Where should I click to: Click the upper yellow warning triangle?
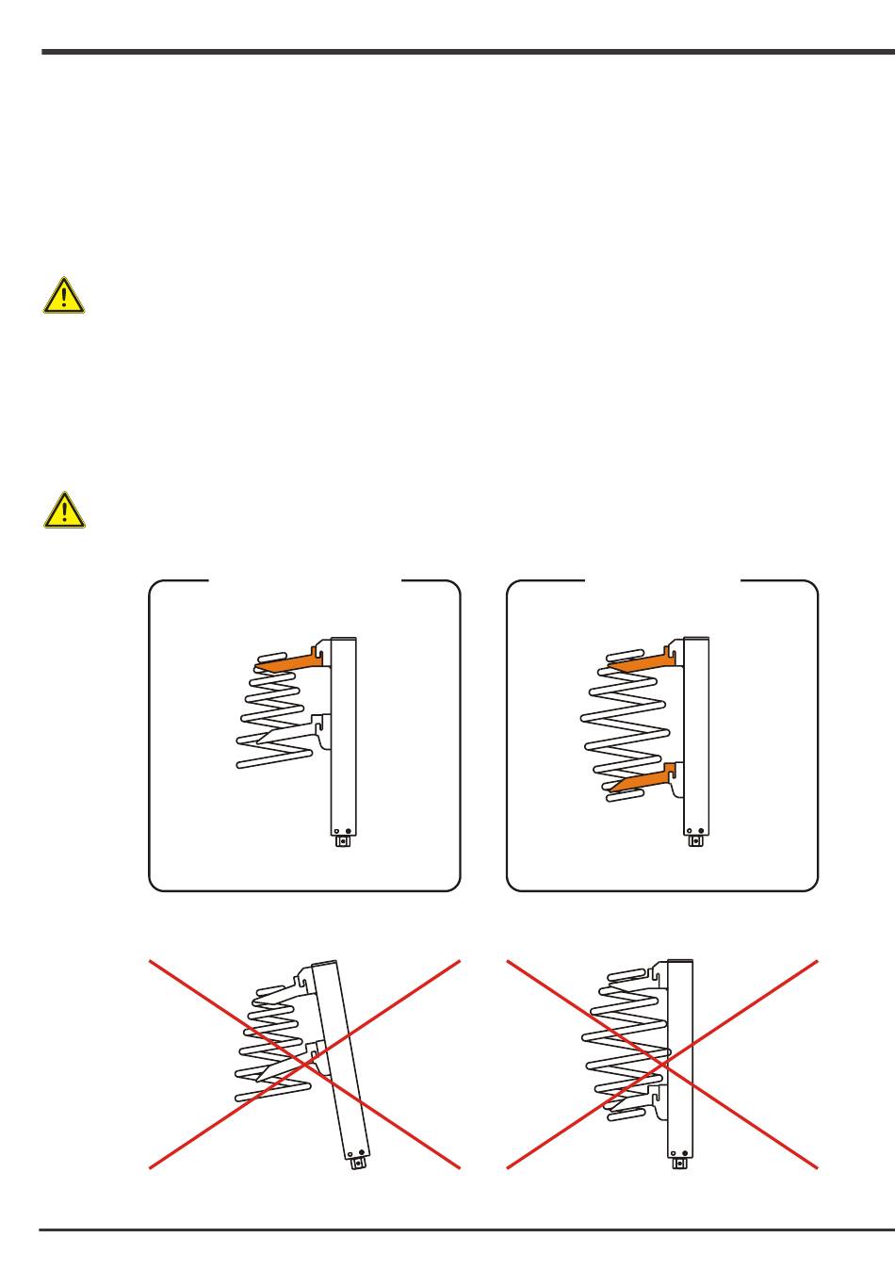click(x=63, y=296)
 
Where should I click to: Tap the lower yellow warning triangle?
click(x=63, y=510)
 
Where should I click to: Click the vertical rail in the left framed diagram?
click(x=344, y=735)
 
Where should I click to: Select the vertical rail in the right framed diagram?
click(x=695, y=735)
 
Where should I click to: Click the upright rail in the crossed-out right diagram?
click(x=680, y=1055)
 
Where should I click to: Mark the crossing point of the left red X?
click(x=305, y=1065)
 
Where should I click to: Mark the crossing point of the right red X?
click(x=662, y=1065)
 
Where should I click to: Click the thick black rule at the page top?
click(x=467, y=52)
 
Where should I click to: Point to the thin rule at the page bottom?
click(x=467, y=1229)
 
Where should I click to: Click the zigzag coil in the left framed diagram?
click(x=273, y=716)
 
